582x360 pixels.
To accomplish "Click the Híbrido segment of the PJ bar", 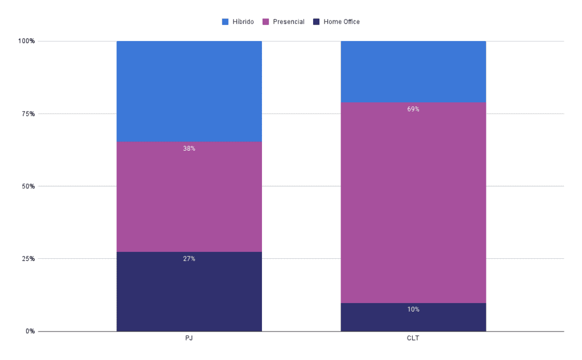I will pyautogui.click(x=189, y=91).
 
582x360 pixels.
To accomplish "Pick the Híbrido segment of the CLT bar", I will pyautogui.click(x=413, y=71).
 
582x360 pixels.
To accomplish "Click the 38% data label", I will pyautogui.click(x=189, y=148).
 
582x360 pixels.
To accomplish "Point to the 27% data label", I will pyautogui.click(x=189, y=259).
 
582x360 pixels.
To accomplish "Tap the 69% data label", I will pyautogui.click(x=413, y=109).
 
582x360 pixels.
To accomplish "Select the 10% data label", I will pyautogui.click(x=413, y=309).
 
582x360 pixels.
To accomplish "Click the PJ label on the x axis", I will pyautogui.click(x=189, y=338).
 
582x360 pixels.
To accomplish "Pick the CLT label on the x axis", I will pyautogui.click(x=413, y=338).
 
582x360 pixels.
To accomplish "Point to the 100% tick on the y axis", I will pyautogui.click(x=26, y=41).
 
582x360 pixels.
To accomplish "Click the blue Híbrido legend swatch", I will pyautogui.click(x=225, y=22).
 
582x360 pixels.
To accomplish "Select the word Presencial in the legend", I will pyautogui.click(x=288, y=22).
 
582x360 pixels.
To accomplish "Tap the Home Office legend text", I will pyautogui.click(x=341, y=22).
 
